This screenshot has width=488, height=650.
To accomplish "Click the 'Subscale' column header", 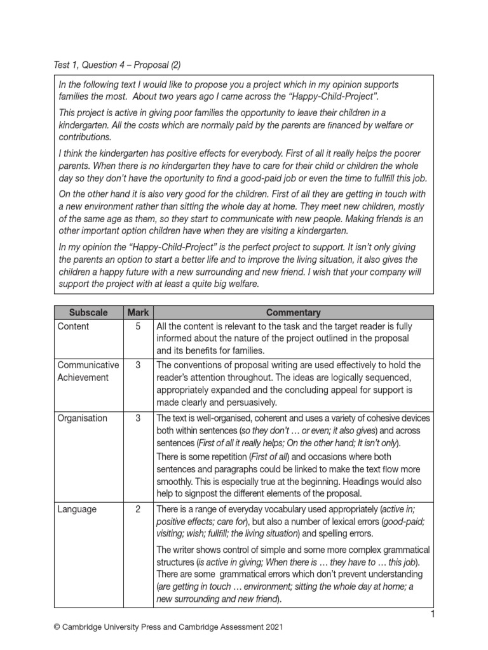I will click(x=88, y=312).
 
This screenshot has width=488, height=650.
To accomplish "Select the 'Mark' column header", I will click(x=138, y=312).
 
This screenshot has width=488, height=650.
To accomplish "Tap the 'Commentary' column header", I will click(x=294, y=312).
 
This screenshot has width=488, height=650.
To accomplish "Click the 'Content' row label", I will click(x=73, y=326).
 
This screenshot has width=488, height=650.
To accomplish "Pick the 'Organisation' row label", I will click(x=83, y=418).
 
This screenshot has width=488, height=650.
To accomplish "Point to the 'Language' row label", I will click(x=77, y=508).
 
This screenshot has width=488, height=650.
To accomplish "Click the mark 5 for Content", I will click(x=138, y=326).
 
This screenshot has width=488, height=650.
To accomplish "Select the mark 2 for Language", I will click(x=138, y=508).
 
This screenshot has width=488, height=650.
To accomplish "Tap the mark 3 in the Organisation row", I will click(x=138, y=418).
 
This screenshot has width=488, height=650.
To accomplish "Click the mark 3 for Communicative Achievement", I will click(x=138, y=365).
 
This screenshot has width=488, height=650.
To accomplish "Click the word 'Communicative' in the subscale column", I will click(x=88, y=365).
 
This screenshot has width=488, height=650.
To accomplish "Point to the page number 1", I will click(x=432, y=614).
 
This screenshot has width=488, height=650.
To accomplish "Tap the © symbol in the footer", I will click(x=57, y=627).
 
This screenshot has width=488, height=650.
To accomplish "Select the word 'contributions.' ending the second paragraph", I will click(x=85, y=137).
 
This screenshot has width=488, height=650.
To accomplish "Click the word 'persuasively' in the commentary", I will click(x=248, y=402).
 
